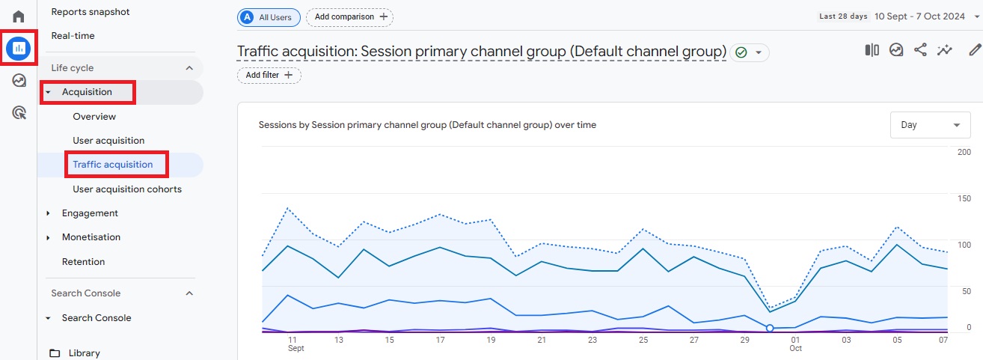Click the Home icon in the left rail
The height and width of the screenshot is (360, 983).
19,16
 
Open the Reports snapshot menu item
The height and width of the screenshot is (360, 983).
90,12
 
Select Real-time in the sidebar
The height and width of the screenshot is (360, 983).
73,36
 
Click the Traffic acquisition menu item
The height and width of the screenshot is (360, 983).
113,165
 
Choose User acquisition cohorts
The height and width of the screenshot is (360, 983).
127,189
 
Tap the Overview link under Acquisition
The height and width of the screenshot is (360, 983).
94,117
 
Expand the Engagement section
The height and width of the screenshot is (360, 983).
90,213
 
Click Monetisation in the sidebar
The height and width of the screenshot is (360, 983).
91,237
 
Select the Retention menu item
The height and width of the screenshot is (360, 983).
83,262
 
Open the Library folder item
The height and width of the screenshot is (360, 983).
84,353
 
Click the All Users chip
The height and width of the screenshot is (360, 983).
269,16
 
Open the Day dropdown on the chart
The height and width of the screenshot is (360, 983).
930,125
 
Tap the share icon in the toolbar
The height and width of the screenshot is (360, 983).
920,50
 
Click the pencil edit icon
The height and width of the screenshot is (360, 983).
974,50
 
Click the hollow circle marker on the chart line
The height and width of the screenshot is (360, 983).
770,328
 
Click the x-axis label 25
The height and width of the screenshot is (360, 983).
643,340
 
